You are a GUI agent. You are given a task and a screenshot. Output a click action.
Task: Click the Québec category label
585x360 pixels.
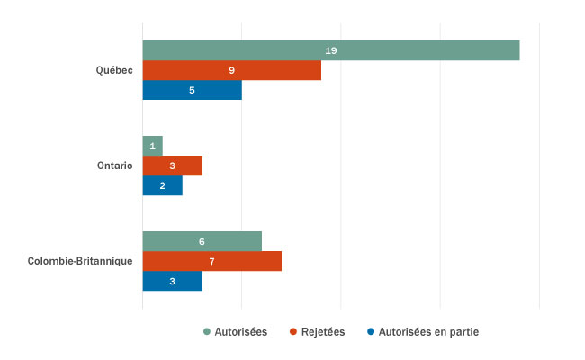115,70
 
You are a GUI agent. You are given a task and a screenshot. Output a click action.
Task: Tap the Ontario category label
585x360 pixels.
115,166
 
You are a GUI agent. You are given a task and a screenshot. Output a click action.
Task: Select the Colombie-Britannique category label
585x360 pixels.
80,261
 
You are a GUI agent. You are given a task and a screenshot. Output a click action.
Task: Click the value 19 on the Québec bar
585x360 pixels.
330,50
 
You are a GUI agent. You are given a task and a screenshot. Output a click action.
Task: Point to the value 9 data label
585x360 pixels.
231,70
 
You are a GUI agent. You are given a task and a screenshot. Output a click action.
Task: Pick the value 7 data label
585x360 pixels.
211,261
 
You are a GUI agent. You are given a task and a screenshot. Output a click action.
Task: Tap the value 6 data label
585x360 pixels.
202,241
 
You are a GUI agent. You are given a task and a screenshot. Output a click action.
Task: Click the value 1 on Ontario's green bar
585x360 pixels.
152,146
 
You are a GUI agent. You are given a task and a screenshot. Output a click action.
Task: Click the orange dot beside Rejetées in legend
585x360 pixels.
293,331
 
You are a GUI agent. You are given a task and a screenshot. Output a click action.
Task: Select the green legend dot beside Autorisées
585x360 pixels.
208,331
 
